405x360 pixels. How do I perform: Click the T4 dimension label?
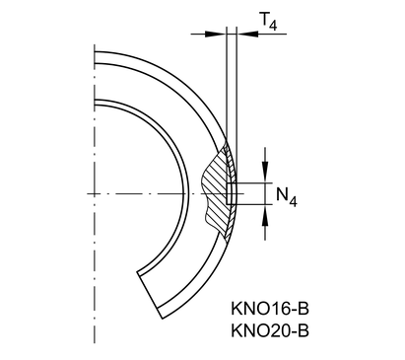coord(268,21)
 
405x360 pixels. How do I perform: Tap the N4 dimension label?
coord(287,197)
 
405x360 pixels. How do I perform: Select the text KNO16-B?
coord(270,309)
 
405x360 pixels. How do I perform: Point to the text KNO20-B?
coord(270,330)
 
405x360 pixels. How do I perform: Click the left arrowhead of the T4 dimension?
coord(216,34)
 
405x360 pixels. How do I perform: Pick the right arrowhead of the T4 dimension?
coord(247,34)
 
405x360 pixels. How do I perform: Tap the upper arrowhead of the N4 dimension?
coord(265,172)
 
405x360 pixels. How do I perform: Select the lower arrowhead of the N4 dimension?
coord(265,215)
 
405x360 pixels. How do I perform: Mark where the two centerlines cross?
coord(95,193)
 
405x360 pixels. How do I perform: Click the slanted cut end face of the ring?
coord(150,295)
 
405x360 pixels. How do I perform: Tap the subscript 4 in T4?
coord(273,25)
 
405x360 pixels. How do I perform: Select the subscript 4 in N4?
coord(293,201)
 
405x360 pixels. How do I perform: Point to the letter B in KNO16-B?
coord(304,309)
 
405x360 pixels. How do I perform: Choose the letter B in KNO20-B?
coord(304,330)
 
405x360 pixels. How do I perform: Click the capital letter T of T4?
coord(264,19)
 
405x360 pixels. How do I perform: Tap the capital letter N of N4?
coord(282,194)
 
